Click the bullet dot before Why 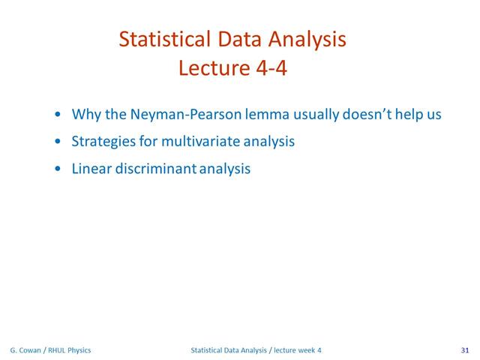58,115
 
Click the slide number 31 465,350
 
